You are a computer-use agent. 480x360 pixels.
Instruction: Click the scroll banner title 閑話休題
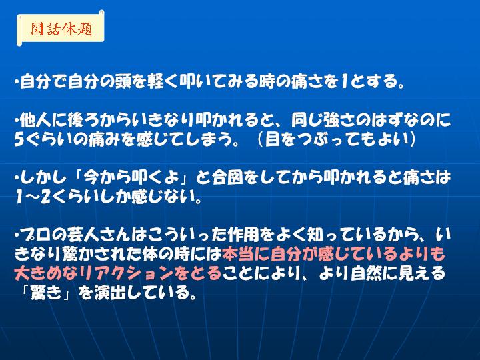(x=61, y=29)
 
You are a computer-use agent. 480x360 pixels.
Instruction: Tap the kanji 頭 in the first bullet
(x=123, y=82)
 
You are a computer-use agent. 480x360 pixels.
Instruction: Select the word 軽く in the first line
(x=163, y=82)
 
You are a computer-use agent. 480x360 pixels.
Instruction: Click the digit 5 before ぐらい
(x=19, y=139)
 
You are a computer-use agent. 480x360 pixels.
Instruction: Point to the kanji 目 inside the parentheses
(x=272, y=139)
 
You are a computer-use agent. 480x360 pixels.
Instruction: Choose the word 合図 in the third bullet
(x=227, y=177)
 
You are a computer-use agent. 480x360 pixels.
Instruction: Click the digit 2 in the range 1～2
(x=46, y=197)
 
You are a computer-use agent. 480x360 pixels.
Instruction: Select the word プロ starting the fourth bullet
(x=35, y=235)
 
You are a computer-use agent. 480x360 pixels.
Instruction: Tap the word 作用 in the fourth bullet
(x=243, y=235)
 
